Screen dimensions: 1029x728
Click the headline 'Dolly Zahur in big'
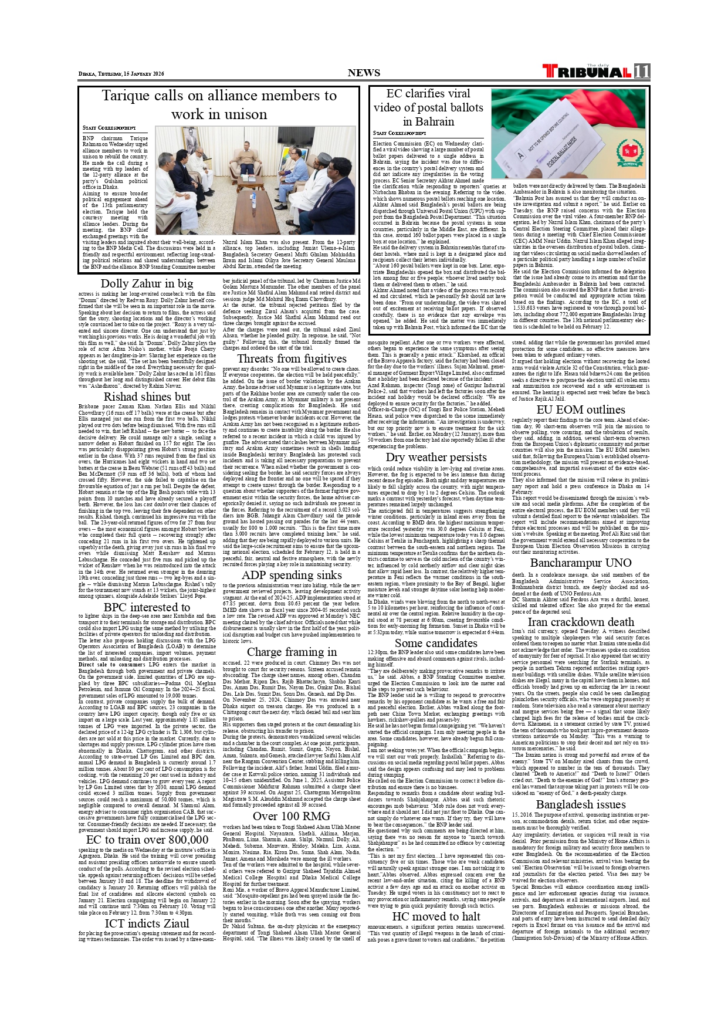click(147, 283)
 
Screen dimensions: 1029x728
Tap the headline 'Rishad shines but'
click(147, 397)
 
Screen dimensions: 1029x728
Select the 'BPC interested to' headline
click(147, 607)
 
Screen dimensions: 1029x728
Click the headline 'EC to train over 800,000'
click(147, 840)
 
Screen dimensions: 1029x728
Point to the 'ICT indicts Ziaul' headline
click(147, 923)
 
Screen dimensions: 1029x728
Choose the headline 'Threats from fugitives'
click(292, 358)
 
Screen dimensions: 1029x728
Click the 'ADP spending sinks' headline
click(292, 575)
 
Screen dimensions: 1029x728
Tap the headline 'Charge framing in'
click(292, 652)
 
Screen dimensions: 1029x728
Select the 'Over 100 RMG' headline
click(292, 816)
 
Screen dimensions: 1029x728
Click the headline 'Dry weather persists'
click(436, 457)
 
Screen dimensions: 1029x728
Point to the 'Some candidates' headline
click(436, 643)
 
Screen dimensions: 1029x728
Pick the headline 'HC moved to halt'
click(436, 916)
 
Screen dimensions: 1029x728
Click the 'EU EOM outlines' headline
click(581, 409)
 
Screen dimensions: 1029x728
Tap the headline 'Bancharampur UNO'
click(581, 563)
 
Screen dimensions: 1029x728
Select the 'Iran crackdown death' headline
click(581, 622)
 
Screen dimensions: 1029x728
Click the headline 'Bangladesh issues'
click(581, 804)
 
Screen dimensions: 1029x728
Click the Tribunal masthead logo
click(587, 72)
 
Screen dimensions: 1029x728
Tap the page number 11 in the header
click(642, 71)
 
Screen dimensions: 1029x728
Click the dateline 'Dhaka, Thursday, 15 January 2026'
click(121, 74)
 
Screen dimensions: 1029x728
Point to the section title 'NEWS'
click(364, 73)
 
